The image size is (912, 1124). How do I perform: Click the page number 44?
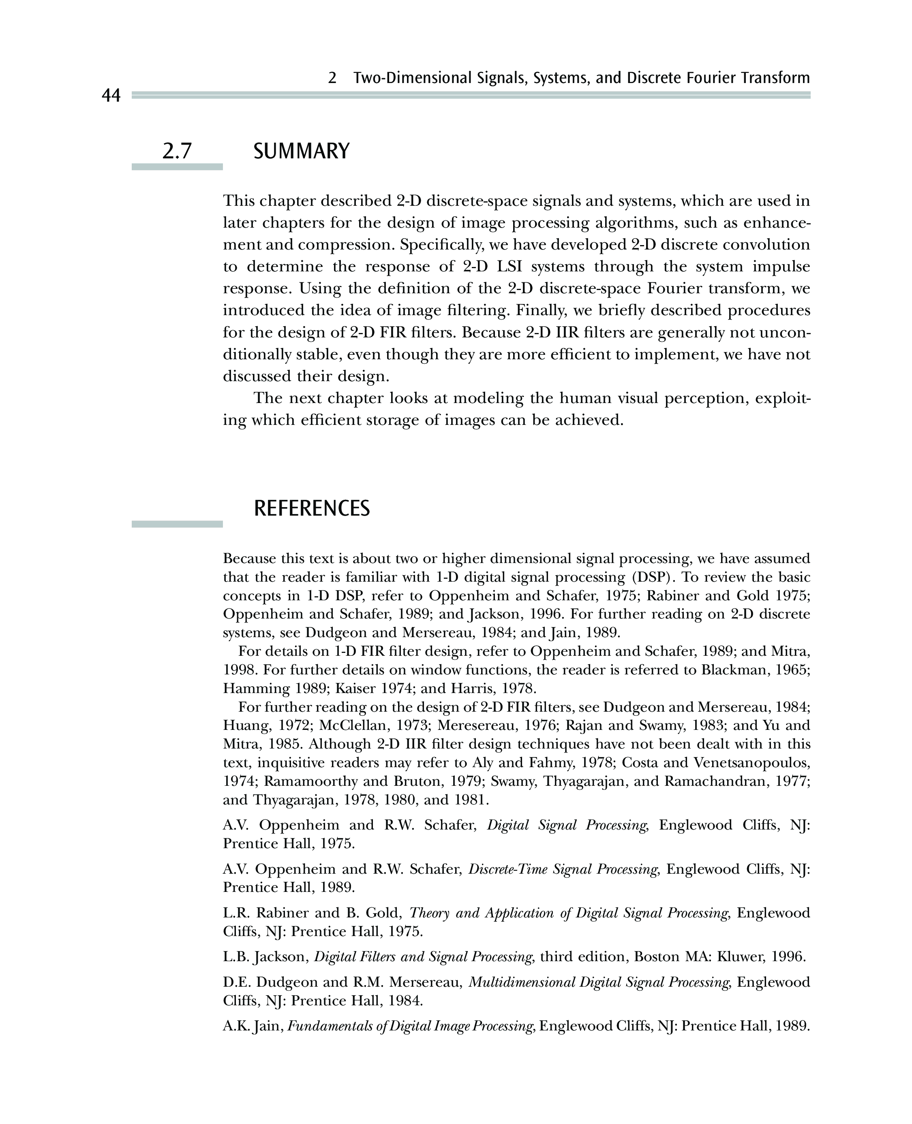coord(111,96)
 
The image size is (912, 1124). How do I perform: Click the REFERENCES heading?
coord(312,508)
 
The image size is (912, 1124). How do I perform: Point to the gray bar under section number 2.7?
coord(177,167)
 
